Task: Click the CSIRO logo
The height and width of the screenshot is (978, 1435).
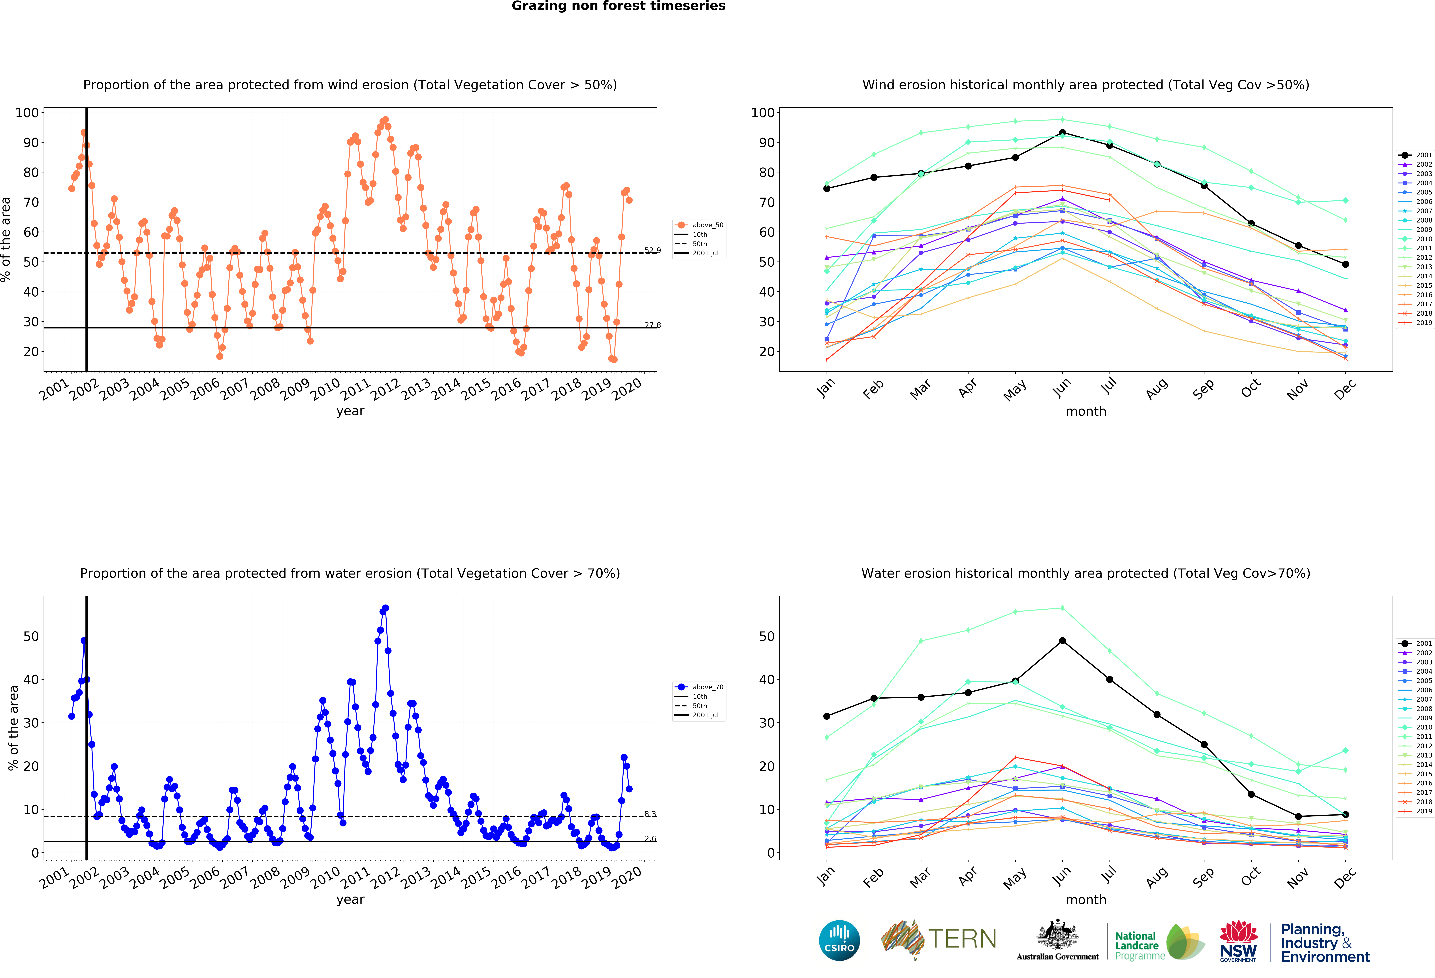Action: tap(839, 940)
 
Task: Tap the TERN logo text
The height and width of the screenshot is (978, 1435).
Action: tap(962, 939)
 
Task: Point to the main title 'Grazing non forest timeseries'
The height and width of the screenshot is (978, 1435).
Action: tap(618, 6)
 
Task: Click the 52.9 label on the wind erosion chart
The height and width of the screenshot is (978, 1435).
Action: tap(652, 250)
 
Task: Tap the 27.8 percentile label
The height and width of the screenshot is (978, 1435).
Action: tap(652, 325)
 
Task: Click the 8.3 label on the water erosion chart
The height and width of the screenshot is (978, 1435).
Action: tap(650, 814)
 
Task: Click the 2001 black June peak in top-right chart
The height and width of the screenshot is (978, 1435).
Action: tap(1062, 133)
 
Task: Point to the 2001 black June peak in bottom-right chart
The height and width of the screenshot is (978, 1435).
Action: tap(1062, 640)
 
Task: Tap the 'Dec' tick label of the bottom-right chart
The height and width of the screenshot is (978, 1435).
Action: tap(1344, 877)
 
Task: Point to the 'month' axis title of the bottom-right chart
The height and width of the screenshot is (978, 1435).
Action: tap(1085, 900)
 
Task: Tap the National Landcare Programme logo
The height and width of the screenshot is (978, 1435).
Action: tap(1159, 942)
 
